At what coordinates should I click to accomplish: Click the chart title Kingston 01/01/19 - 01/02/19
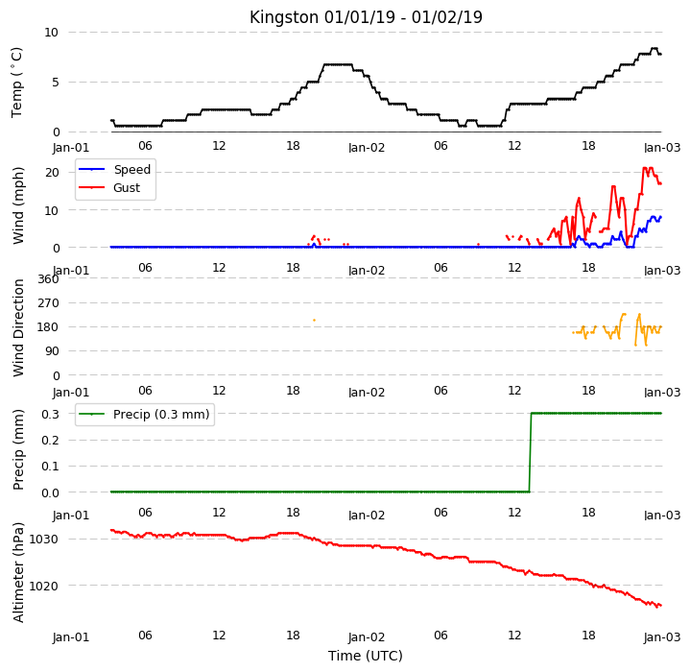click(x=366, y=17)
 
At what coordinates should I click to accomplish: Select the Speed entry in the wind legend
click(x=114, y=169)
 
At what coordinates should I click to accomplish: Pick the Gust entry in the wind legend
click(x=109, y=187)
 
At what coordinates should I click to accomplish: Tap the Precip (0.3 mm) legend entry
click(x=143, y=414)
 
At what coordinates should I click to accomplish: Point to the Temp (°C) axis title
click(x=16, y=83)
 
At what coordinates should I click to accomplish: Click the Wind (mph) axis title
click(x=18, y=205)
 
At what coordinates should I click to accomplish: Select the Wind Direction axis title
click(x=18, y=327)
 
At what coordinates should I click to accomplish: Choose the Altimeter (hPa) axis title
click(x=18, y=572)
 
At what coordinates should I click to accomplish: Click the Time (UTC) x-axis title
click(x=366, y=656)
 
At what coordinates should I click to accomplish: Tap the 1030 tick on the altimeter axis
click(x=43, y=540)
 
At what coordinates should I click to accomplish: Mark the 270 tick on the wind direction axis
click(x=48, y=302)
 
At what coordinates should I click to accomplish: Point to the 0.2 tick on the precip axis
click(x=50, y=440)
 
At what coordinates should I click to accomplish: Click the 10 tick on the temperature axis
click(x=51, y=32)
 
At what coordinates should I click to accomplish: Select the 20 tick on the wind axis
click(x=52, y=172)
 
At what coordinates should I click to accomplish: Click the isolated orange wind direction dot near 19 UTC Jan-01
click(x=314, y=320)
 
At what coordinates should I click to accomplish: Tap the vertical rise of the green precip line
click(x=531, y=452)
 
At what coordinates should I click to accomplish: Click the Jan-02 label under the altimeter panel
click(x=367, y=636)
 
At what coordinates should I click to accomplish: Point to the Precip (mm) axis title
click(x=18, y=449)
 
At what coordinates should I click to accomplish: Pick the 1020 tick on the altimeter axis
click(x=43, y=587)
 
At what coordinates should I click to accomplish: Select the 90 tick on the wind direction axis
click(x=51, y=351)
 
